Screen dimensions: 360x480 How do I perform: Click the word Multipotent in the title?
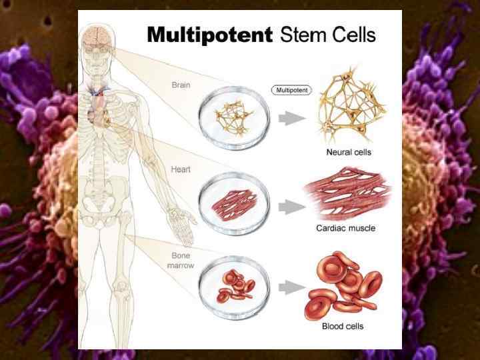point(210,34)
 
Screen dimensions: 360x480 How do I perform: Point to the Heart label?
point(180,169)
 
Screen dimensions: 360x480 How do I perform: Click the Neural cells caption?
point(349,153)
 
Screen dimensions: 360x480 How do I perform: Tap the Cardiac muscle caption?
point(355,228)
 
